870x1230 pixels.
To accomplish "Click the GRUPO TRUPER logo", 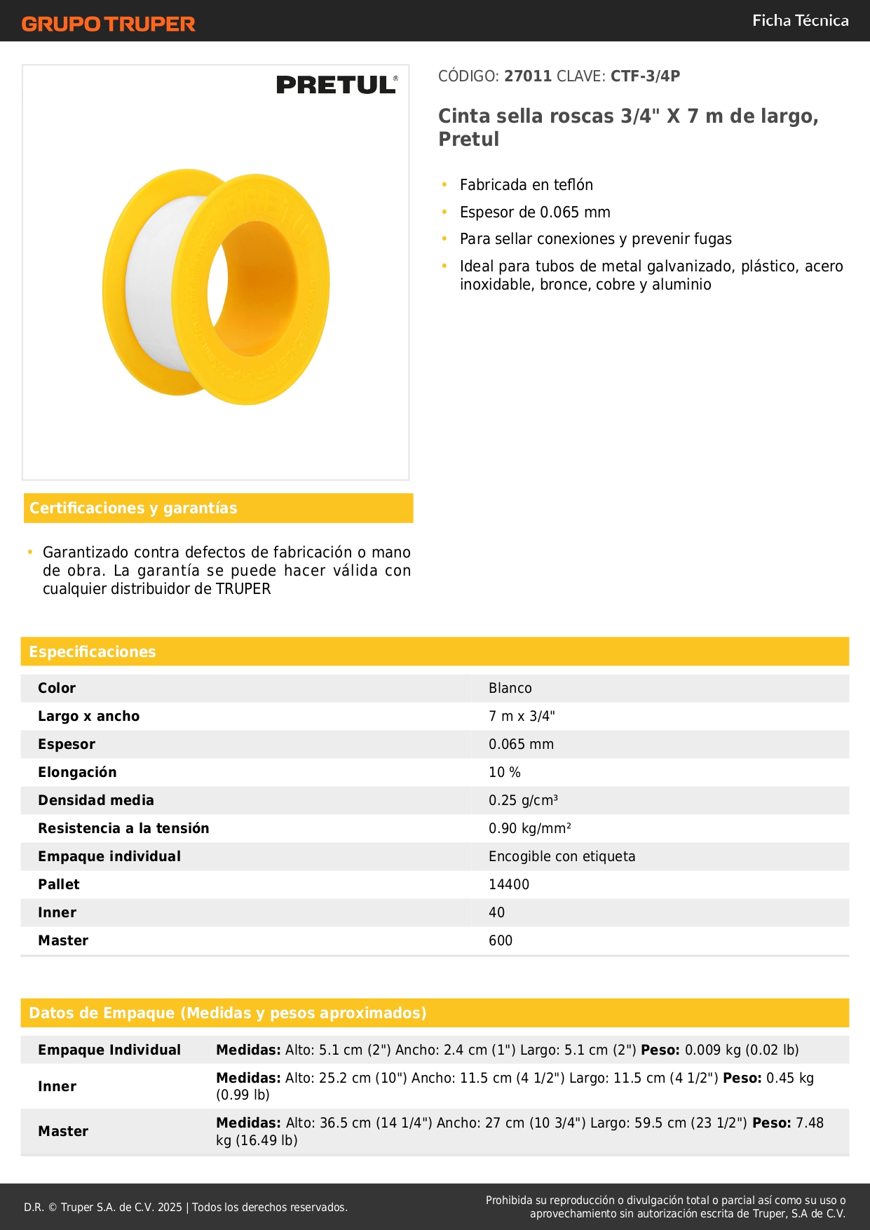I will (x=108, y=24).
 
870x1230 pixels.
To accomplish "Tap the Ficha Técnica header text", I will (x=800, y=20).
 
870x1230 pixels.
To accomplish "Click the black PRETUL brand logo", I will (x=337, y=85).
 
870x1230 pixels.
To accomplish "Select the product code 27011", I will (x=528, y=76).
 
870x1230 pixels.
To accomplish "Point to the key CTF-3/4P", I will (x=645, y=76).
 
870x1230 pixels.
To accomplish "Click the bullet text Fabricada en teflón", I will (x=526, y=185).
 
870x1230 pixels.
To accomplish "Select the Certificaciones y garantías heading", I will (x=133, y=508).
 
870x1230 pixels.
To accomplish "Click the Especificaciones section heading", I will (x=93, y=652).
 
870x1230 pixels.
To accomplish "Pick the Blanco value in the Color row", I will (x=510, y=689).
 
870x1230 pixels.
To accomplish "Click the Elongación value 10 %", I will (x=505, y=773).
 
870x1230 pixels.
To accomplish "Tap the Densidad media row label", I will (x=96, y=801).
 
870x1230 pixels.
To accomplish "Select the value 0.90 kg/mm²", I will (x=530, y=829).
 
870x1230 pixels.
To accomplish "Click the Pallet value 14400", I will (x=509, y=885).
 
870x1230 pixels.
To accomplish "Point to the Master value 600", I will (x=501, y=941).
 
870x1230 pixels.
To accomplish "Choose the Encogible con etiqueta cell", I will (x=562, y=857).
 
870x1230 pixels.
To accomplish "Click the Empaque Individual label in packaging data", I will (x=109, y=1050).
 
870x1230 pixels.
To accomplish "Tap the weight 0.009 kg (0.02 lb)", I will (x=742, y=1050).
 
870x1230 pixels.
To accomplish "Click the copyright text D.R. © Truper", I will (x=185, y=1208).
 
